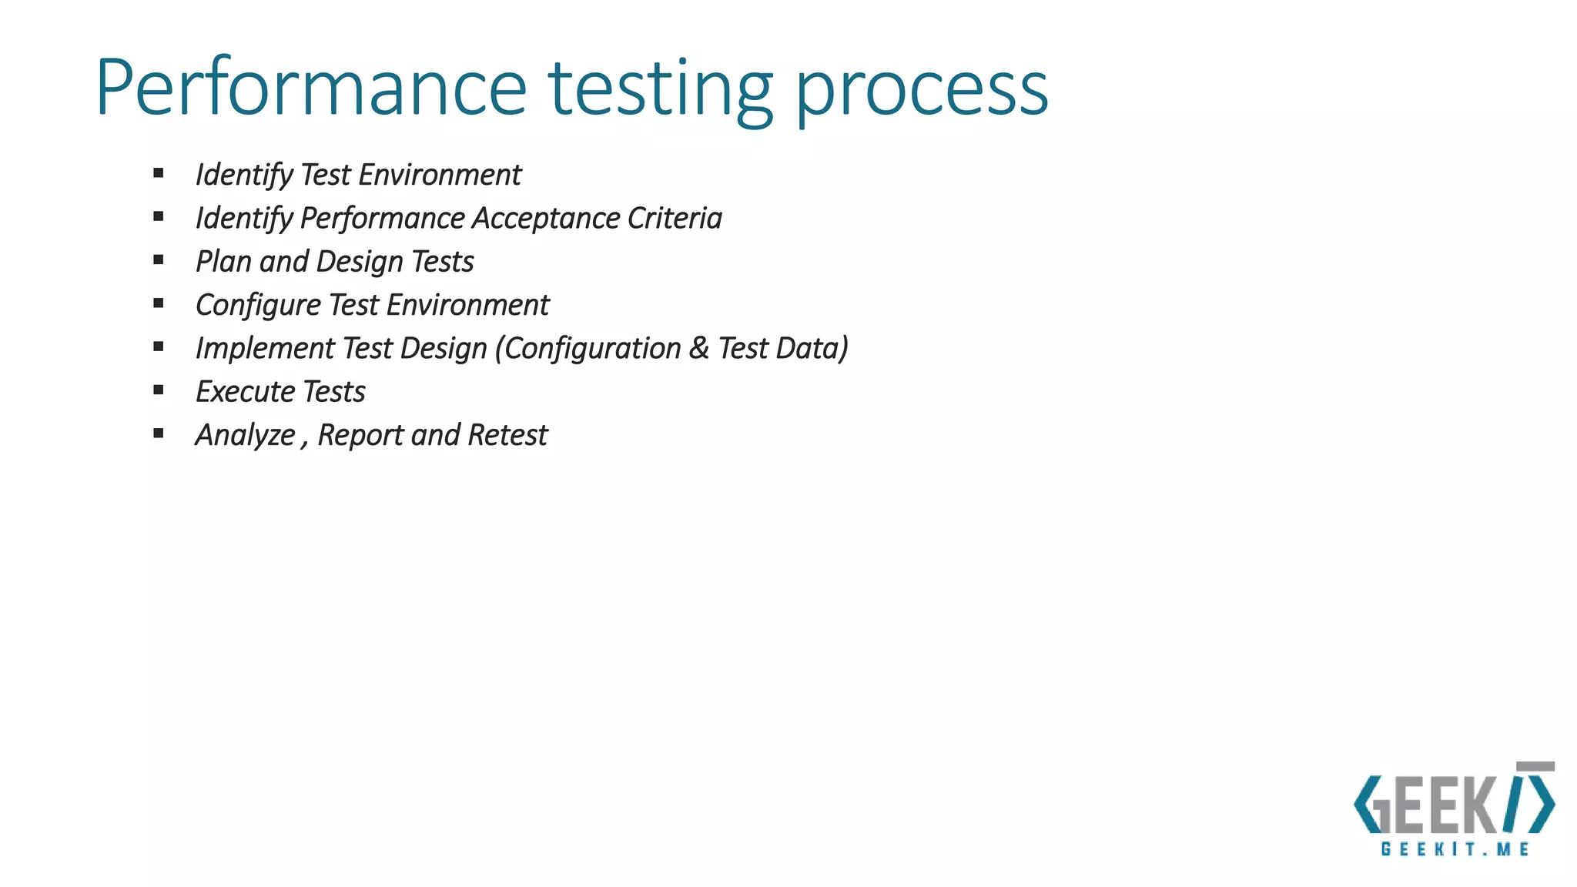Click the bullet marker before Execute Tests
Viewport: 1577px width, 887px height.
click(x=159, y=390)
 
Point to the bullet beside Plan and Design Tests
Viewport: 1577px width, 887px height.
click(x=159, y=260)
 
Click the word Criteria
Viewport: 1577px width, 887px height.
click(x=675, y=218)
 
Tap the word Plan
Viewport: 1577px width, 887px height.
click(x=223, y=262)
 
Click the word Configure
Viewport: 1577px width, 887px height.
click(x=258, y=306)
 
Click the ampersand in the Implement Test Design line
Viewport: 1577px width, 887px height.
click(x=699, y=348)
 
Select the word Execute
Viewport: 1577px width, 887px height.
click(x=246, y=392)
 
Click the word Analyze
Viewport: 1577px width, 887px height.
click(x=246, y=436)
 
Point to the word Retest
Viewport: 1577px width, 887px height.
click(x=507, y=435)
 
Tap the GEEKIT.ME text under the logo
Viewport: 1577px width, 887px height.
click(x=1455, y=849)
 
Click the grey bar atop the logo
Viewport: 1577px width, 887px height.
click(x=1535, y=767)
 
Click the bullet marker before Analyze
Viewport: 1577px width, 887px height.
click(x=159, y=433)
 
